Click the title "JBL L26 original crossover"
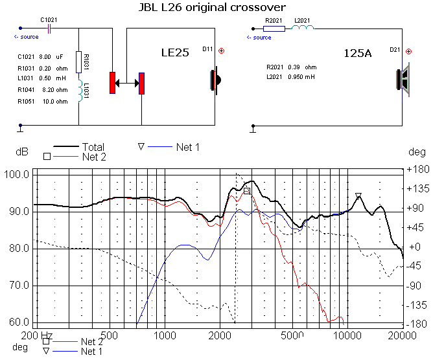216,7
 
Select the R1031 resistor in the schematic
78,63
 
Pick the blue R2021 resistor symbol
274,28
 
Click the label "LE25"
175,54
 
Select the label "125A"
357,54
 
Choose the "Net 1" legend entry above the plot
187,148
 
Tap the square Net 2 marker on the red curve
246,191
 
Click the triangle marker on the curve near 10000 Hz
358,196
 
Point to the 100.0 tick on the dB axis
16,175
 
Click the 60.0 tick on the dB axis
16,322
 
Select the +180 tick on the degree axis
415,170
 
